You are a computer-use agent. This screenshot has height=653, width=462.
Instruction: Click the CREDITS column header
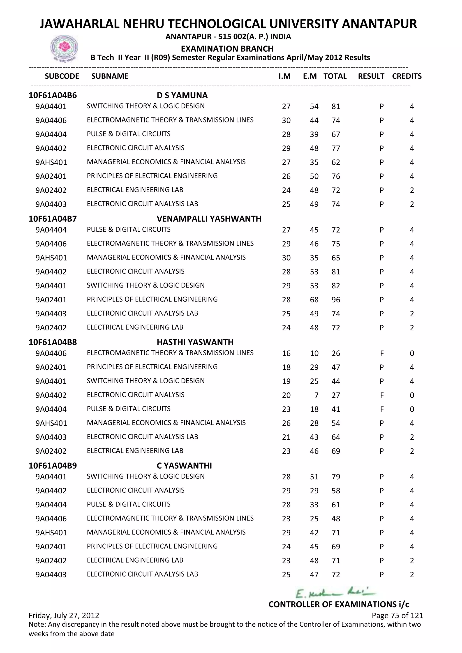tap(407, 76)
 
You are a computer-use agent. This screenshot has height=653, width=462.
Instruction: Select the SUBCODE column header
tap(62, 76)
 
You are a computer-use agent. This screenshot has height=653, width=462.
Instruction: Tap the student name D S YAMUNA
tap(182, 95)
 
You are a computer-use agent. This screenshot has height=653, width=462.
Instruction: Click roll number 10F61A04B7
tap(53, 219)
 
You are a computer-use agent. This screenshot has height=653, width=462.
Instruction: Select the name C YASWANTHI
tap(184, 466)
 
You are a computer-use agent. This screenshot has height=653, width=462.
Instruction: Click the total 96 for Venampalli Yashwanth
tap(336, 300)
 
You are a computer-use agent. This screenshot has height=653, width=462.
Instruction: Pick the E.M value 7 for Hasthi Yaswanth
tap(316, 395)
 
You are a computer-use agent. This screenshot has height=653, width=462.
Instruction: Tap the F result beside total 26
tap(381, 354)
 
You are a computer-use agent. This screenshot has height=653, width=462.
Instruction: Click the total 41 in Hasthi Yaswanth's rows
tap(336, 409)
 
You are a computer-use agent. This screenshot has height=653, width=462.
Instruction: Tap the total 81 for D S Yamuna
tap(336, 107)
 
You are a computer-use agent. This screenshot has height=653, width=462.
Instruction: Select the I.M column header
tap(284, 76)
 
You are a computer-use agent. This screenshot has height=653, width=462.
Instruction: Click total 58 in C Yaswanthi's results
tap(336, 491)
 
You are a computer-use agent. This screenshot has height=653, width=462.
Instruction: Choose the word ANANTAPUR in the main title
tap(379, 24)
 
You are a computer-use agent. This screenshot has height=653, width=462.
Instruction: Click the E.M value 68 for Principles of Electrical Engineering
tap(314, 300)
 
